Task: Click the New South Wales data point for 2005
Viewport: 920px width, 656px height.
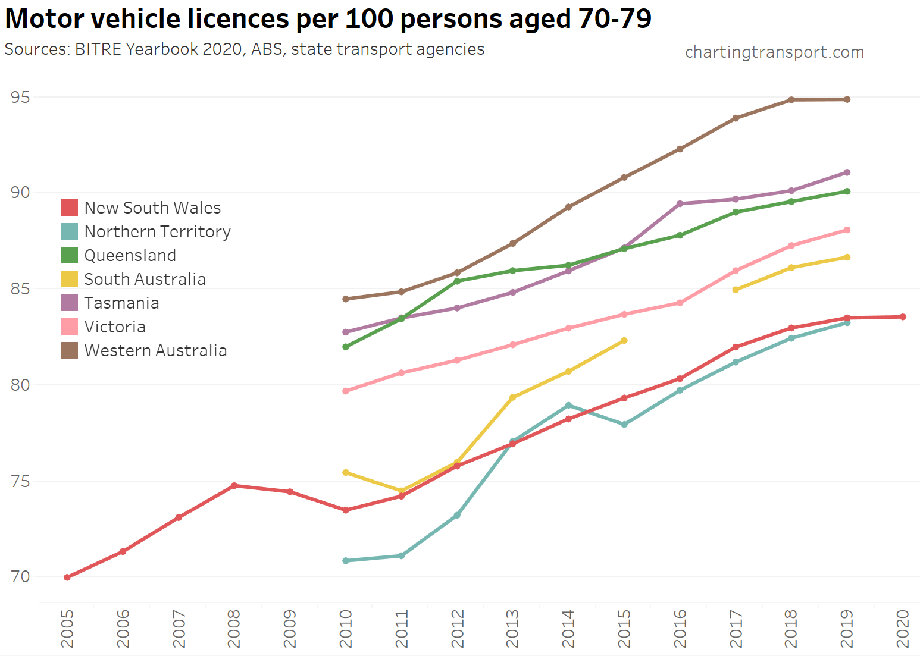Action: coord(67,577)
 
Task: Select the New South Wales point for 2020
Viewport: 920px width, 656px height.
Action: coord(902,317)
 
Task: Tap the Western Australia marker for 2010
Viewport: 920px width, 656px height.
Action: coord(346,299)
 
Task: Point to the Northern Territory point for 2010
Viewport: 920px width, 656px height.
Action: coord(346,560)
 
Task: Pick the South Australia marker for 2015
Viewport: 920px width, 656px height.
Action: coord(624,341)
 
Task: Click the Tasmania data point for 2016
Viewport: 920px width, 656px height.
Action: coord(680,203)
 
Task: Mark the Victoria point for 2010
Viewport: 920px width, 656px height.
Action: coord(346,391)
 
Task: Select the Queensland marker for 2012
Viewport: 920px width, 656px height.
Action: coord(457,281)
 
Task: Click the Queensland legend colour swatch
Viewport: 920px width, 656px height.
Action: coord(70,255)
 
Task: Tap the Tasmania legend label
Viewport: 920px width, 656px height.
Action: coord(121,303)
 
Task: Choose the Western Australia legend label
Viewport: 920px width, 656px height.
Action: coord(155,350)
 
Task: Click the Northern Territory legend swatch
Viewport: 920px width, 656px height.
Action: coord(70,231)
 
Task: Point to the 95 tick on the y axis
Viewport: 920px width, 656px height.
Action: coord(20,97)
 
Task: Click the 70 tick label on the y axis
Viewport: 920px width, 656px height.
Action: coord(20,576)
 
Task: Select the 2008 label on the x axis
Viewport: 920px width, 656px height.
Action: coord(234,629)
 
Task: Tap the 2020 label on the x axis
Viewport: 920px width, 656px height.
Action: coord(902,629)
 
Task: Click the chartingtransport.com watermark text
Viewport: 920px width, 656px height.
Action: coord(774,52)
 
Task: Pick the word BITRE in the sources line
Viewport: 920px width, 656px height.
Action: coord(98,49)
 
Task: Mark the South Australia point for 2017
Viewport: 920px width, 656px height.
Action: coord(736,290)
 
